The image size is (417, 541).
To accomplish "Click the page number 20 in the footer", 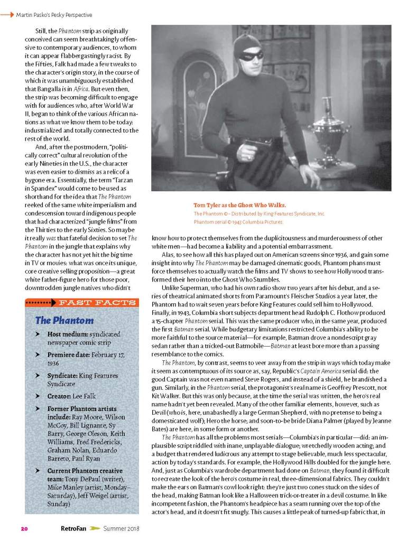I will tap(24, 528).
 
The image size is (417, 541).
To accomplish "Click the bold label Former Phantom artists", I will tap(82, 409).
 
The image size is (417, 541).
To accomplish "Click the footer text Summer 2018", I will tap(121, 528).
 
